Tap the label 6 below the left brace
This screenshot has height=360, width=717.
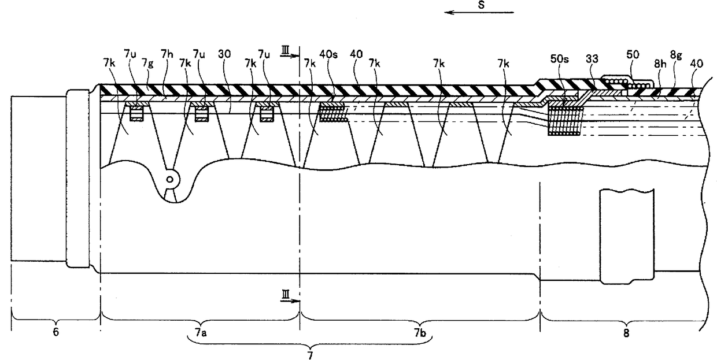pos(56,333)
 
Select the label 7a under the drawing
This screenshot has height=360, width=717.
pos(200,333)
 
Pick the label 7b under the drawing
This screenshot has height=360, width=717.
pos(420,333)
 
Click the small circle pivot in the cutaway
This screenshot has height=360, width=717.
pos(169,179)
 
